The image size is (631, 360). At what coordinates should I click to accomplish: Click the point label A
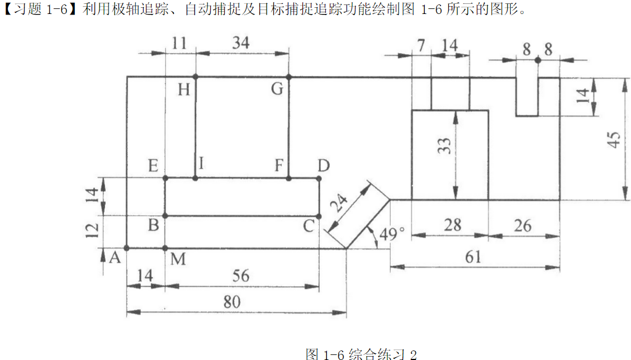[x=115, y=258]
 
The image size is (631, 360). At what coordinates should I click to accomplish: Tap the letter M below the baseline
[x=178, y=259]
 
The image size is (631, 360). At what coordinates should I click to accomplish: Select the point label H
[x=184, y=89]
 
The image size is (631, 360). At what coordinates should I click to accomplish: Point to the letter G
[x=277, y=89]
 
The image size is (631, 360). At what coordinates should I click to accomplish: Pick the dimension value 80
[x=231, y=302]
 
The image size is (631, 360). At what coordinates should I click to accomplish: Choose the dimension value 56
[x=241, y=276]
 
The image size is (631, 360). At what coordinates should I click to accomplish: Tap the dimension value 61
[x=472, y=257]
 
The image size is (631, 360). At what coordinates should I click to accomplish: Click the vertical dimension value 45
[x=614, y=139]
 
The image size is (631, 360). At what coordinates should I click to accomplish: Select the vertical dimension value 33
[x=445, y=146]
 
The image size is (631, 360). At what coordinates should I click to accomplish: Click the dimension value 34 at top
[x=241, y=43]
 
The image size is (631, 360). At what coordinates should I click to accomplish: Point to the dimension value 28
[x=453, y=225]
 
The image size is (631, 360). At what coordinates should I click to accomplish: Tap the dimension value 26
[x=523, y=225]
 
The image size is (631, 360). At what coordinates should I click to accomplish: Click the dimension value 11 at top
[x=180, y=43]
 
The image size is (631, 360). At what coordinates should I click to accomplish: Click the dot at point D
[x=319, y=178]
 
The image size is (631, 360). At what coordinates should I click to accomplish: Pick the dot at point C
[x=319, y=216]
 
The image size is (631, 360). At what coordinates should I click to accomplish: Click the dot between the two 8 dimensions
[x=537, y=59]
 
